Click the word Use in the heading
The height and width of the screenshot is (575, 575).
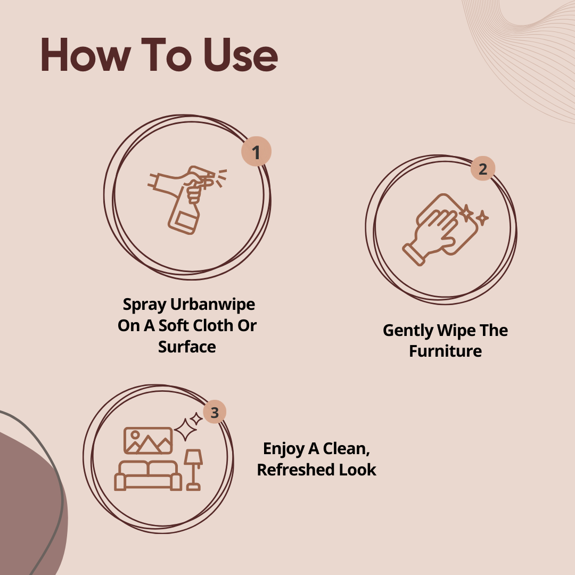pos(241,55)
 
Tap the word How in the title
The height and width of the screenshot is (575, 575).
pos(85,55)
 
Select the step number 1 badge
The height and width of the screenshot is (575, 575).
pos(256,151)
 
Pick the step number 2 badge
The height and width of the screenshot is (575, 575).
pos(483,169)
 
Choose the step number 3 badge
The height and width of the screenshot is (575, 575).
pos(215,412)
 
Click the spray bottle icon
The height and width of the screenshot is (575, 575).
pos(187,200)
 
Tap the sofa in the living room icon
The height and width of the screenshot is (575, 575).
pos(148,475)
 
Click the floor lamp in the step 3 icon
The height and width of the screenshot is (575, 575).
pos(193,470)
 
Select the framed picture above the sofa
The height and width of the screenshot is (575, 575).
pos(148,440)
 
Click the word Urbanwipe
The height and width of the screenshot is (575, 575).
pos(212,305)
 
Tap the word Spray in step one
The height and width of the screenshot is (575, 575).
pos(144,305)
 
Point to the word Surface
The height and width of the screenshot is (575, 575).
pos(187,347)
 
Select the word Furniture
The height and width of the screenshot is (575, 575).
pos(445,351)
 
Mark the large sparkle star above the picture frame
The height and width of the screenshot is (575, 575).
pos(185,430)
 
